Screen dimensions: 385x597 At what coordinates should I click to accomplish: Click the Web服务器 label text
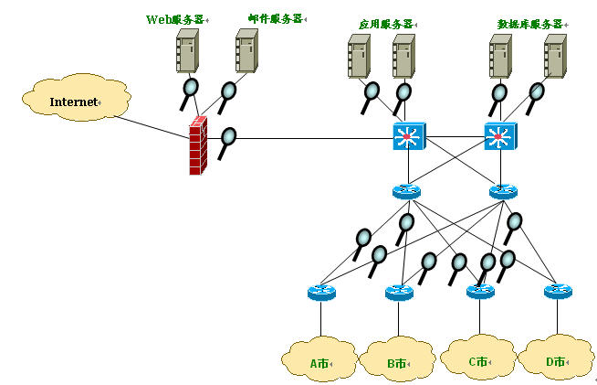pos(175,18)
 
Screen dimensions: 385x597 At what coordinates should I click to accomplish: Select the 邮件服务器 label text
pos(275,18)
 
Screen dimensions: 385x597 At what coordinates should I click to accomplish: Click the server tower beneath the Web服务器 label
pos(187,51)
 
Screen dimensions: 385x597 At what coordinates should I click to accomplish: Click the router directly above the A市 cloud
pos(321,293)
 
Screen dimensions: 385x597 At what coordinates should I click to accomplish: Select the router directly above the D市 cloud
pos(558,292)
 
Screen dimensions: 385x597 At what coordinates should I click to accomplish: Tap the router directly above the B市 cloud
pos(399,293)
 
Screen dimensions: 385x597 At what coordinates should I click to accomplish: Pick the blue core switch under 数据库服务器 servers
pos(499,138)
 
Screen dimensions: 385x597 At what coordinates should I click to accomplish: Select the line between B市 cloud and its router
pos(399,318)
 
